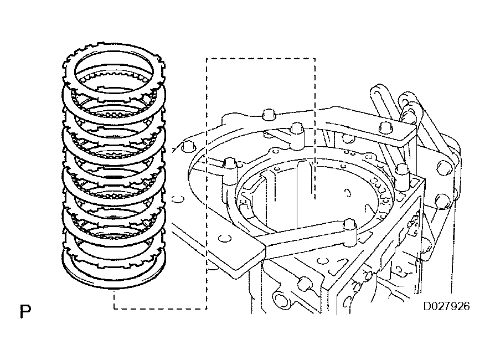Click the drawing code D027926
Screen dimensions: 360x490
tap(446, 305)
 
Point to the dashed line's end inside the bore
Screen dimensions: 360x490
tap(314, 197)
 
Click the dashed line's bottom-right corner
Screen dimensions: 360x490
tap(207, 308)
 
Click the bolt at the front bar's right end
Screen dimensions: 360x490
tap(349, 225)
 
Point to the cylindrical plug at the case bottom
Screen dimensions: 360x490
tap(281, 300)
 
